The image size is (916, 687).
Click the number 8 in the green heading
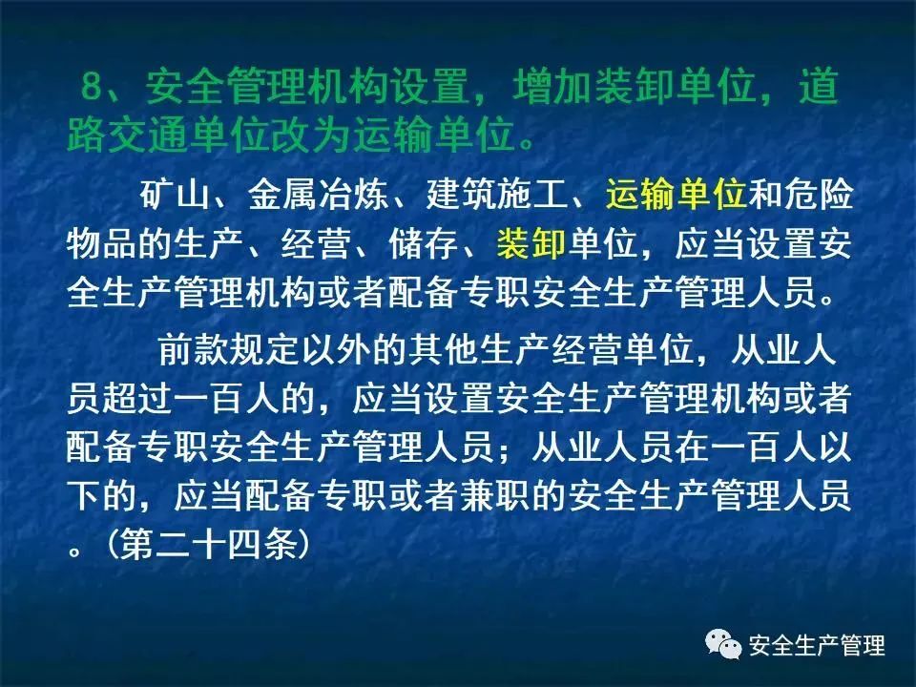pyautogui.click(x=92, y=87)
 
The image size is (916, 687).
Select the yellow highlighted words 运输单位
pyautogui.click(x=677, y=194)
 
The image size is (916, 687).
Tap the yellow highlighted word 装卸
pyautogui.click(x=531, y=243)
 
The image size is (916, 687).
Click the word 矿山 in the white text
pyautogui.click(x=175, y=194)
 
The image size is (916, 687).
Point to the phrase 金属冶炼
pyautogui.click(x=319, y=194)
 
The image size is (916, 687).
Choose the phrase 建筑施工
pyautogui.click(x=497, y=194)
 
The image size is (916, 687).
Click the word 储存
pyautogui.click(x=424, y=243)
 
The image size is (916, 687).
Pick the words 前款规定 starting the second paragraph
pyautogui.click(x=229, y=351)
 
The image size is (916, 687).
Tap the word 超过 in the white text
pyautogui.click(x=137, y=400)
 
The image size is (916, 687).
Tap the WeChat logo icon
pyautogui.click(x=723, y=644)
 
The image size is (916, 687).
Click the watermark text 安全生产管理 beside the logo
pyautogui.click(x=817, y=646)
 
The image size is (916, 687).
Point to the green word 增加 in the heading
pyautogui.click(x=553, y=87)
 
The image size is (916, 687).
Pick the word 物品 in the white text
pyautogui.click(x=102, y=243)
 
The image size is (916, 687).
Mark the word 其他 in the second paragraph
pyautogui.click(x=444, y=351)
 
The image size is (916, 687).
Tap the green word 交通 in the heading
pyautogui.click(x=148, y=136)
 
